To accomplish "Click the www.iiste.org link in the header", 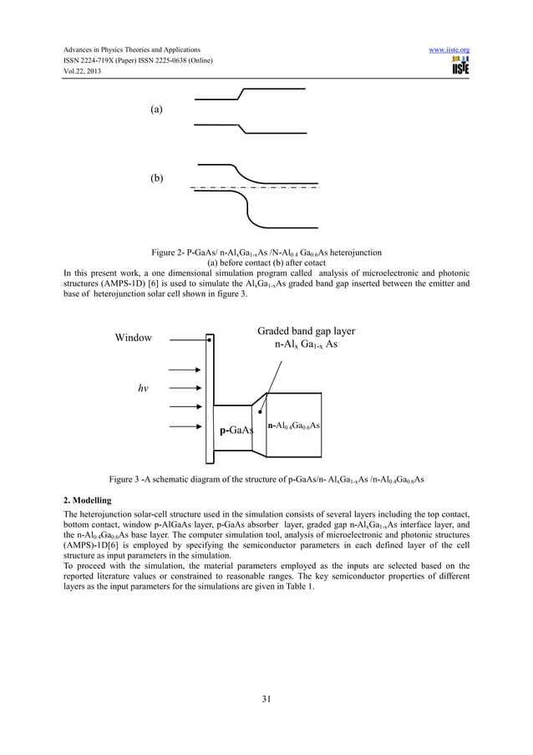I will coord(449,50).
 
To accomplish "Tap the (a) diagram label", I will coord(156,110).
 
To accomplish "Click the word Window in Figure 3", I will coord(134,338).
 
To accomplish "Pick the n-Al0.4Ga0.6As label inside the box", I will coord(294,426).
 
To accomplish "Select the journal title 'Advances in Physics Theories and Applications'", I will coord(135,50).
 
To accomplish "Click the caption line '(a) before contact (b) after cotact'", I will coord(266,262).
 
